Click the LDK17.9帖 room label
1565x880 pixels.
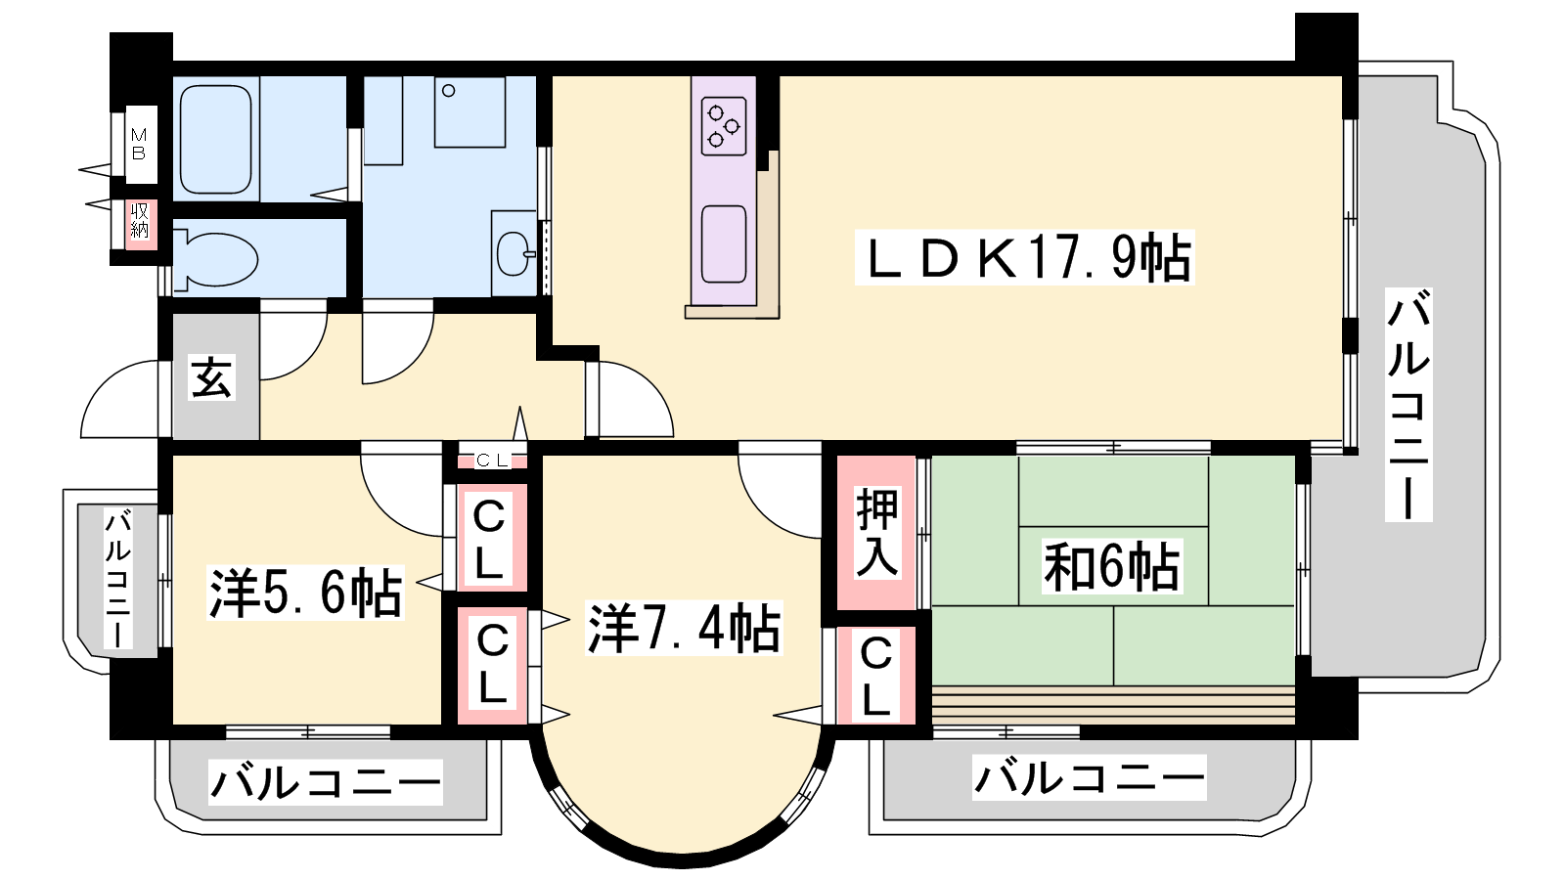point(1025,258)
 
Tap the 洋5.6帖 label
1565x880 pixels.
point(306,593)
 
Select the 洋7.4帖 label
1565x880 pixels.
point(684,629)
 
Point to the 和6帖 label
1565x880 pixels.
point(1111,566)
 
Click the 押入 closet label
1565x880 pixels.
point(877,532)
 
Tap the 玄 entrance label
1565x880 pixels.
point(211,377)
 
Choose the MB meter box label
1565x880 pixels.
point(139,144)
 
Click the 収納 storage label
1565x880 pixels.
point(140,221)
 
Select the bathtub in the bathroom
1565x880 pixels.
point(215,139)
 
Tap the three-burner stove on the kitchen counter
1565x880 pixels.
point(724,126)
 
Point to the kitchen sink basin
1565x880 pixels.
point(724,244)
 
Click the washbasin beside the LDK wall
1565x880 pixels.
point(514,253)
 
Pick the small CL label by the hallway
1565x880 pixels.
point(492,461)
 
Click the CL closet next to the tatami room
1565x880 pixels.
point(876,676)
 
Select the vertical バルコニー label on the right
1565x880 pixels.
point(1408,405)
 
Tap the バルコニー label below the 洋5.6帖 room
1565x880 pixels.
point(326,782)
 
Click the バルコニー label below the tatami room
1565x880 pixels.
point(1090,777)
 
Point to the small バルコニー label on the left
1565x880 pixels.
point(118,580)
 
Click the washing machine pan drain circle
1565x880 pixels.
point(449,90)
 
